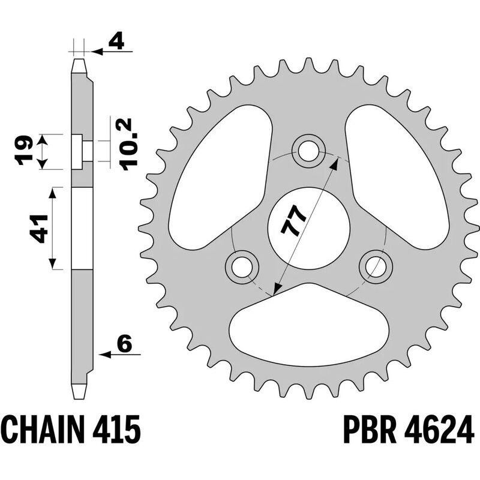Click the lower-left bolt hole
click(x=242, y=265)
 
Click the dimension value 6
click(x=124, y=344)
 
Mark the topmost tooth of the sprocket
click(x=309, y=65)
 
